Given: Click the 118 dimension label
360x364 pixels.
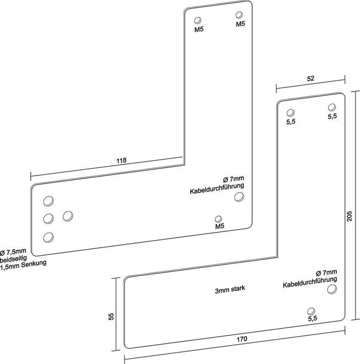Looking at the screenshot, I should coord(121,160).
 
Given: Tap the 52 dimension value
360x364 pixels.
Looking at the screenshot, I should coord(311,78).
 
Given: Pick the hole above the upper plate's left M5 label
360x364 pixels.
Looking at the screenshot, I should coord(198,21).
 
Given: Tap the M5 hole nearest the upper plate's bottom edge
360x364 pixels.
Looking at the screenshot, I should coord(218,219).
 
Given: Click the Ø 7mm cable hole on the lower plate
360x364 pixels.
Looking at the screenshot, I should coord(332,289).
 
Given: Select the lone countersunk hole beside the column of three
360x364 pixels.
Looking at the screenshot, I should coord(68,216).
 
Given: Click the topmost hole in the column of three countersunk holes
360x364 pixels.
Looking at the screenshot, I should coord(48,201).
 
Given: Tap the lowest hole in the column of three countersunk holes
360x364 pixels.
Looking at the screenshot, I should coord(48,237).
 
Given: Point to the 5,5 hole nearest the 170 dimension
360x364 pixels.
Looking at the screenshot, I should coord(312,310).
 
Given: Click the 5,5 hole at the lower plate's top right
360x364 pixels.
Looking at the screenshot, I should coord(332,108).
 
